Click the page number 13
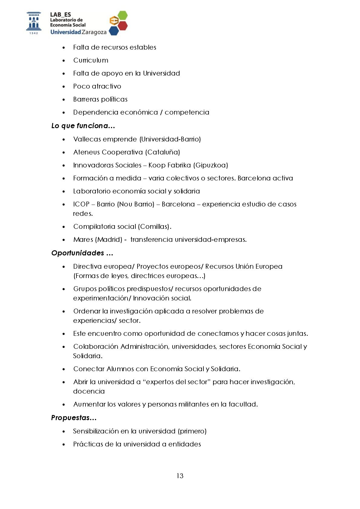coord(180,476)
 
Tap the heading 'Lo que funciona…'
coord(83,126)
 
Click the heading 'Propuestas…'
coord(74,418)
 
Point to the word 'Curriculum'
coord(91,60)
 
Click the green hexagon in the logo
coord(122,15)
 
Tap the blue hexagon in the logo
coord(113,31)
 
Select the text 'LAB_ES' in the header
coord(60,15)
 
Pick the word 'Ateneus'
coord(86,152)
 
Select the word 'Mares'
coord(83,239)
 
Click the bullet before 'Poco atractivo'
coord(64,87)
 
